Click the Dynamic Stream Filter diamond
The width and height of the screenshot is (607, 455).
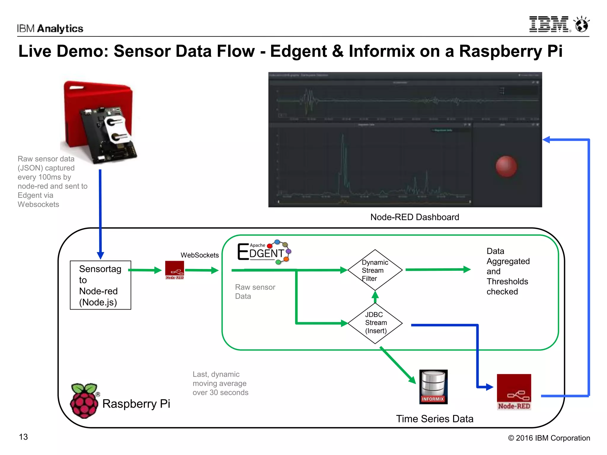pyautogui.click(x=375, y=270)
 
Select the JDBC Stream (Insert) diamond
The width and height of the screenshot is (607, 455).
pyautogui.click(x=375, y=323)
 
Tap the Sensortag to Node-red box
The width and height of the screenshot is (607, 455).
pyautogui.click(x=100, y=285)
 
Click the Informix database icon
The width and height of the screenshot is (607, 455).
pyautogui.click(x=433, y=387)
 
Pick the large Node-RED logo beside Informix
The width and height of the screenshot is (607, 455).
pyautogui.click(x=514, y=392)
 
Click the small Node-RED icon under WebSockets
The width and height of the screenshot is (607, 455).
pyautogui.click(x=175, y=270)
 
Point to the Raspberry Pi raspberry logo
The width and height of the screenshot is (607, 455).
pyautogui.click(x=84, y=400)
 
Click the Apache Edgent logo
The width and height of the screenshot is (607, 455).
pyautogui.click(x=264, y=252)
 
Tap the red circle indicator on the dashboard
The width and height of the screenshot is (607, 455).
pyautogui.click(x=506, y=166)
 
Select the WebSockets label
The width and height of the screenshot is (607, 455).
pyautogui.click(x=199, y=255)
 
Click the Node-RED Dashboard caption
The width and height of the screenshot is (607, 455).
pyautogui.click(x=414, y=217)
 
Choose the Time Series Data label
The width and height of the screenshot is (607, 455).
pyautogui.click(x=435, y=419)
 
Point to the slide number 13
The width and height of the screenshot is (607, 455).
pyautogui.click(x=23, y=437)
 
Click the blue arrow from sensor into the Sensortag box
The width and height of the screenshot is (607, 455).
pyautogui.click(x=100, y=213)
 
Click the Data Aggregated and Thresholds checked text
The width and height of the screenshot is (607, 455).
pyautogui.click(x=508, y=271)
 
